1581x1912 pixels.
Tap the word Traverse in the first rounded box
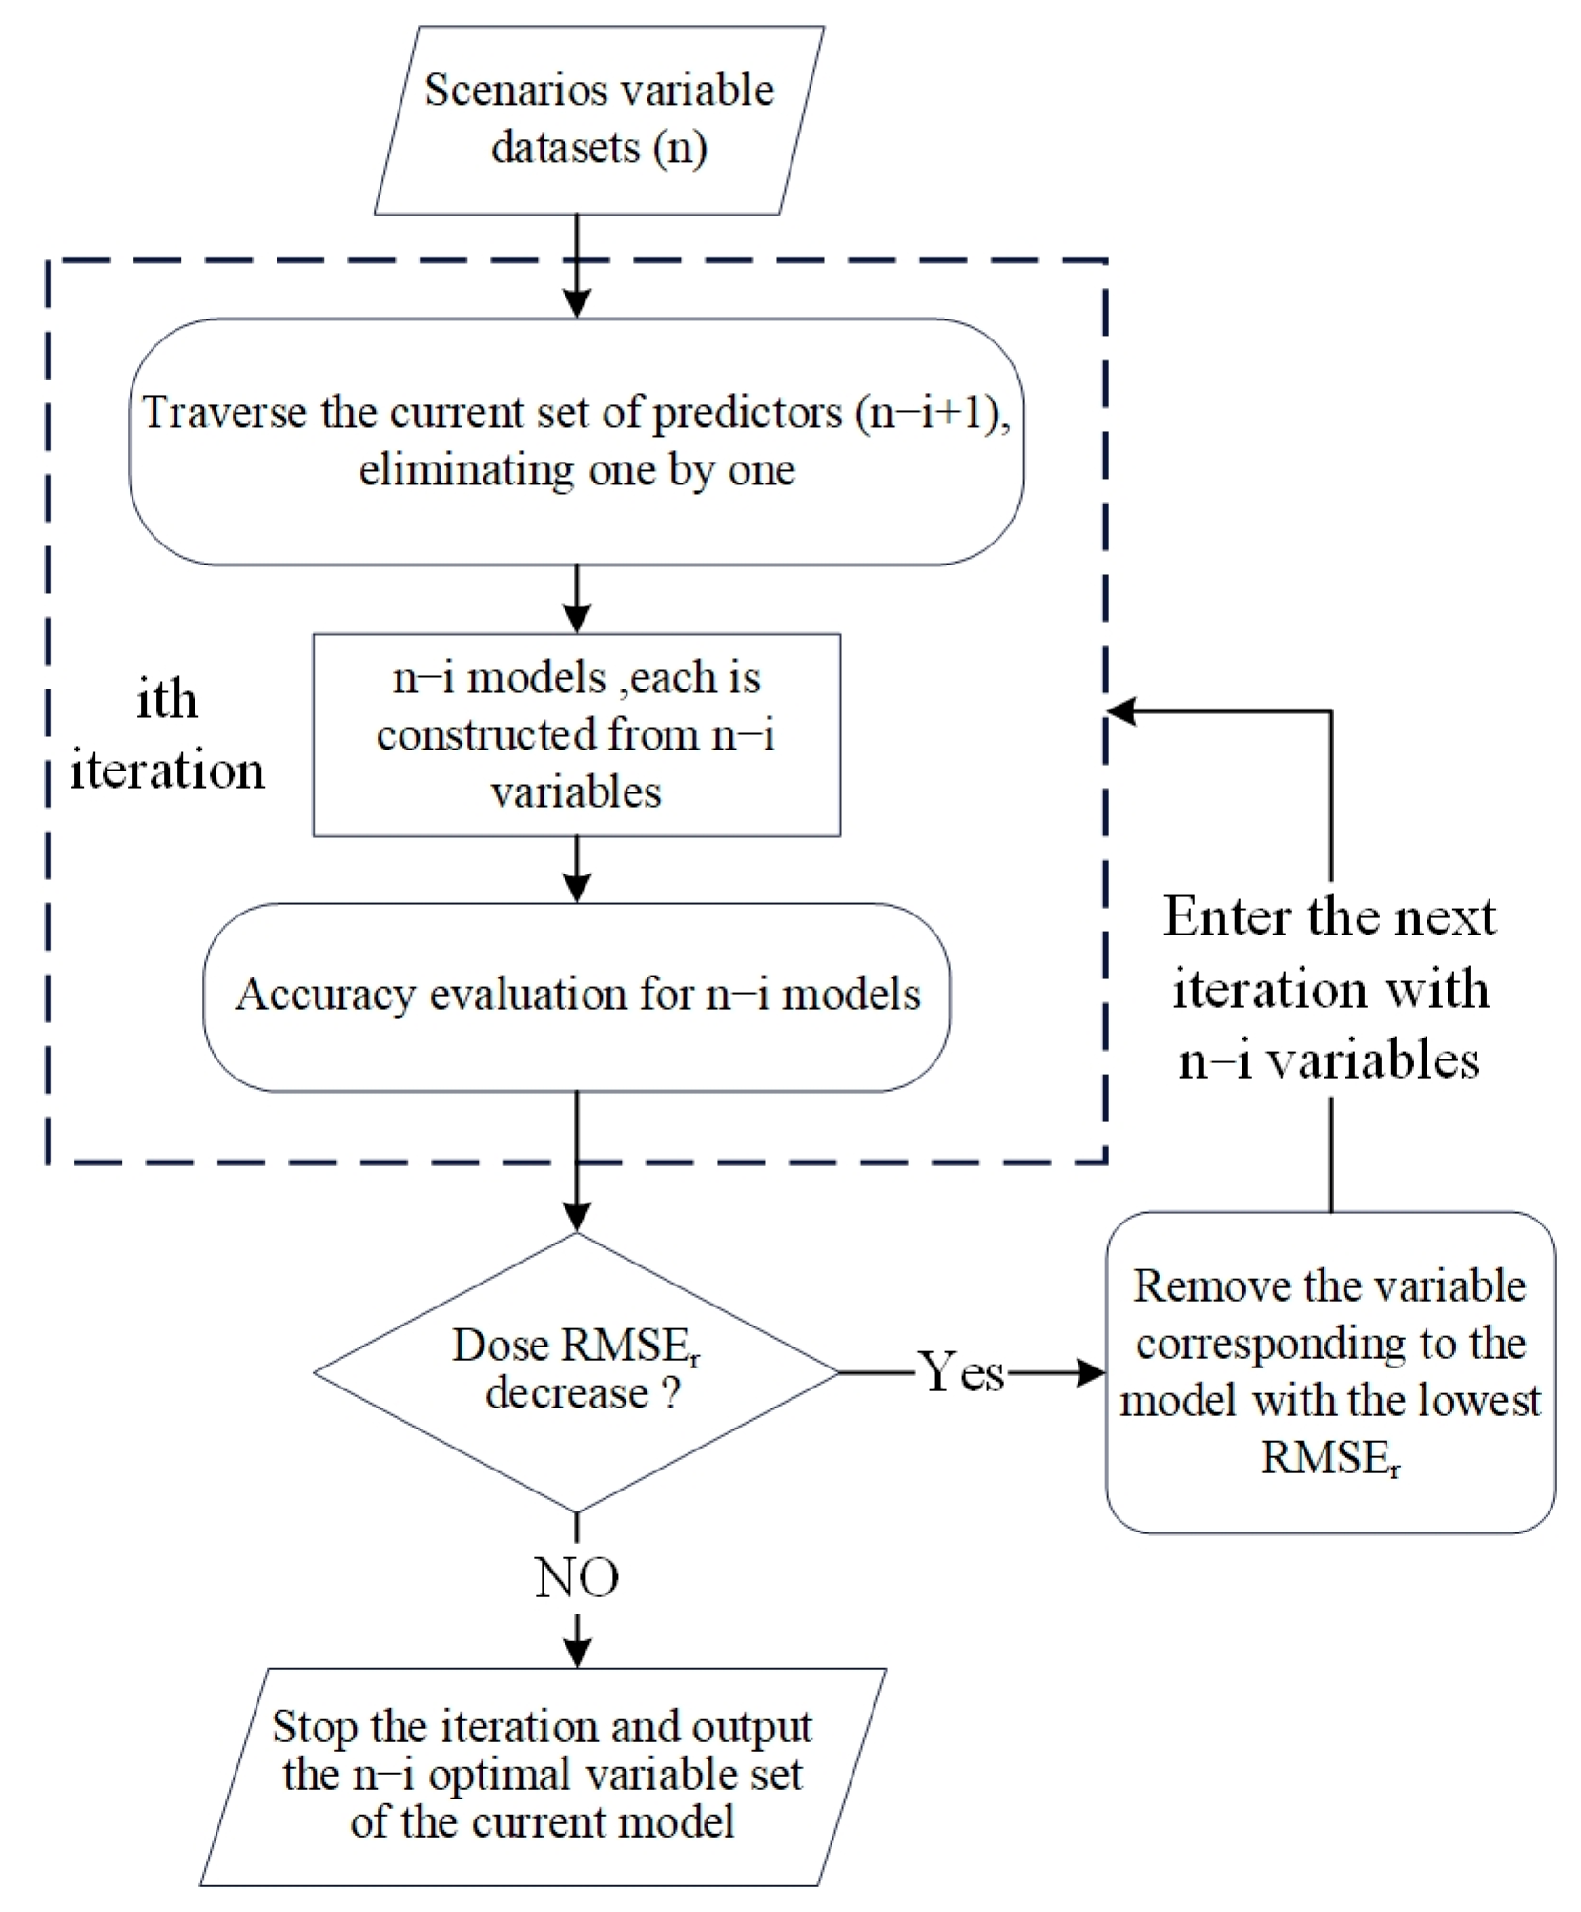225,413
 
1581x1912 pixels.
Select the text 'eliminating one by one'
576,470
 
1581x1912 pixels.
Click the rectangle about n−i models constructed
576,735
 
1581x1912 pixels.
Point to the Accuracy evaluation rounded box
576,996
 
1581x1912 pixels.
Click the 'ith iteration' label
167,735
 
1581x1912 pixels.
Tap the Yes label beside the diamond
961,1373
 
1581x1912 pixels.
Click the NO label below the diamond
576,1577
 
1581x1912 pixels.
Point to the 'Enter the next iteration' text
1330,988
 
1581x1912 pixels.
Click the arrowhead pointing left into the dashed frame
1120,711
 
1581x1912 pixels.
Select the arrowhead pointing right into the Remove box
1092,1373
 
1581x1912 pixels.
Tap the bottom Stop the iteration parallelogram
544,1775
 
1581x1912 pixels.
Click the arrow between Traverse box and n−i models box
576,599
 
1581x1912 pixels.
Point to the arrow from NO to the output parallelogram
576,1640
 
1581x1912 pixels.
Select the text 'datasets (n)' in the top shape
599,148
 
